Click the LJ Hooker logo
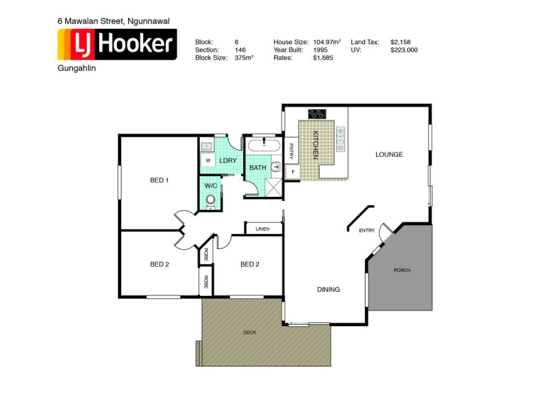pyautogui.click(x=116, y=45)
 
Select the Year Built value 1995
pyautogui.click(x=320, y=50)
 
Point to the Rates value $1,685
pyautogui.click(x=322, y=59)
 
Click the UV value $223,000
pyautogui.click(x=404, y=50)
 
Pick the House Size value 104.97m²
pyautogui.click(x=327, y=42)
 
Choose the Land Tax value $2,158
pyautogui.click(x=399, y=42)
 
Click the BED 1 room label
pyautogui.click(x=159, y=180)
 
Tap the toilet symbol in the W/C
pyautogui.click(x=211, y=200)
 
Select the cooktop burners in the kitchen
pyautogui.click(x=318, y=114)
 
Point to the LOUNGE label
pyautogui.click(x=388, y=154)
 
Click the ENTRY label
pyautogui.click(x=366, y=231)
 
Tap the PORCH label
pyautogui.click(x=402, y=271)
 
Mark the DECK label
pyautogui.click(x=249, y=332)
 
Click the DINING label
pyautogui.click(x=329, y=290)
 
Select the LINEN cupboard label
pyautogui.click(x=262, y=229)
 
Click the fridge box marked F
pyautogui.click(x=292, y=171)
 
